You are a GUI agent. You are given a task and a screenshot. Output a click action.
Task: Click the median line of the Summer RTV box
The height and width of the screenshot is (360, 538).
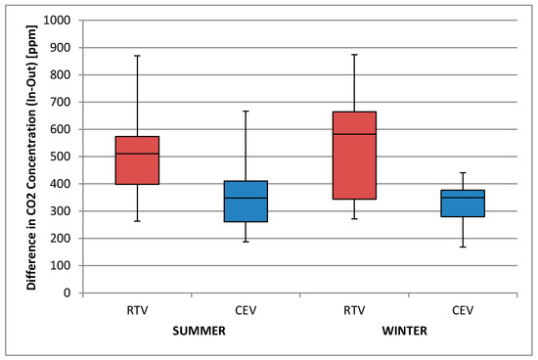(x=137, y=154)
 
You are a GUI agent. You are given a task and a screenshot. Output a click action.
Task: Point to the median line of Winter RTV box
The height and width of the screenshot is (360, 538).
(x=354, y=134)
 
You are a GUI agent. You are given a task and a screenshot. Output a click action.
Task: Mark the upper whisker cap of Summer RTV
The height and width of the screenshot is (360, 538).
(x=137, y=56)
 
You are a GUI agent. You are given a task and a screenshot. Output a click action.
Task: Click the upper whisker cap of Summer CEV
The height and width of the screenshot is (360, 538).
(x=246, y=112)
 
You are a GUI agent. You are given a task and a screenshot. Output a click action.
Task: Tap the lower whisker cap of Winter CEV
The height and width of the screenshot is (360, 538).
(x=463, y=247)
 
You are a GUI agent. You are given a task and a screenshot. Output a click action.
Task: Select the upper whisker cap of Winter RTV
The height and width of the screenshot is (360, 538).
(x=354, y=55)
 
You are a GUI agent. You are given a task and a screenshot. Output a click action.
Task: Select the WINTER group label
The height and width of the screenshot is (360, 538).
(x=408, y=332)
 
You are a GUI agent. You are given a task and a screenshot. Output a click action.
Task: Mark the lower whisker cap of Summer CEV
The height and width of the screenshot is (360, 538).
(x=246, y=242)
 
